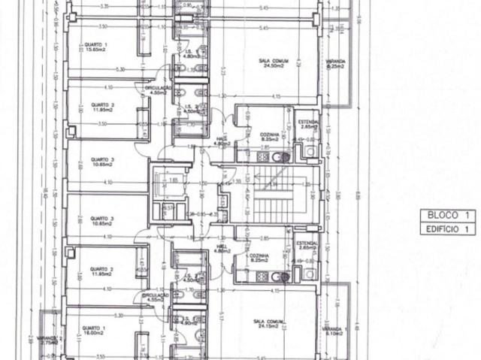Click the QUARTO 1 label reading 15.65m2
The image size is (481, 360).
coord(95,47)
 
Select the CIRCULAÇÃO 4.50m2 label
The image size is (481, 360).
coord(158,89)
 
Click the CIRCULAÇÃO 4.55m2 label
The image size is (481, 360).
coord(156,298)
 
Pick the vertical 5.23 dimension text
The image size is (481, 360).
coord(224,71)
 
